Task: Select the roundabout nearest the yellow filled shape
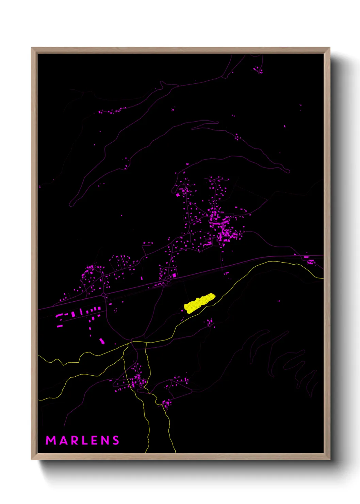coord(168,280)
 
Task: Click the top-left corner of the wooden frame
coord(32,48)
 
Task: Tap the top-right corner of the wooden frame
coord(329,48)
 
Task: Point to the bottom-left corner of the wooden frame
coord(32,459)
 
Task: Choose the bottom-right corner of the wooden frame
coord(329,459)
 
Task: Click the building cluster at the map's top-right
coord(258,70)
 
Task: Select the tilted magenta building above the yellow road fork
coord(102,341)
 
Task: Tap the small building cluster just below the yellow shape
coord(210,322)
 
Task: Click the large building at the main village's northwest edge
coord(178,195)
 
